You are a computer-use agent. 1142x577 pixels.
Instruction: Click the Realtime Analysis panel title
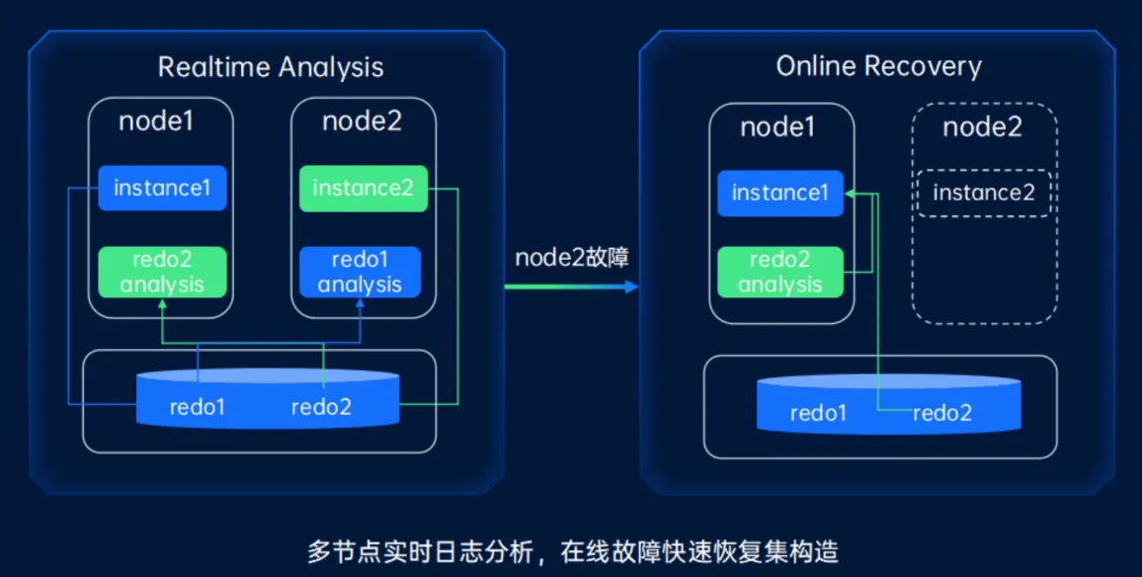pos(271,67)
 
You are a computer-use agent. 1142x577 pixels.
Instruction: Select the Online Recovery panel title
pos(878,66)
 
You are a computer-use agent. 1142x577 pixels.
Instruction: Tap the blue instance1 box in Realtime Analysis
pos(162,188)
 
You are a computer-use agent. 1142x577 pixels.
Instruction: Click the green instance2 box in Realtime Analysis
pos(363,188)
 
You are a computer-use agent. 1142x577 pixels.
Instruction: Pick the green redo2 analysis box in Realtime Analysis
pos(162,272)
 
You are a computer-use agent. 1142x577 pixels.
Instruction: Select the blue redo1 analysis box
pos(360,272)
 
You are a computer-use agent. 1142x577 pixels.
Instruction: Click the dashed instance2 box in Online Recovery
pos(983,193)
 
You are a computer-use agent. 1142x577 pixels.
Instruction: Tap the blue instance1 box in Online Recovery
pos(779,193)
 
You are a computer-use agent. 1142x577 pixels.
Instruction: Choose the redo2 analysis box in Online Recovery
pos(779,273)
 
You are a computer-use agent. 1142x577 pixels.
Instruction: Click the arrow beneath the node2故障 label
pos(571,287)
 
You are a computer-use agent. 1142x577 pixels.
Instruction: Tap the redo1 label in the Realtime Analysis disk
pos(197,406)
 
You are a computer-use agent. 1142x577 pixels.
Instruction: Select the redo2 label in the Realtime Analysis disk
pos(321,406)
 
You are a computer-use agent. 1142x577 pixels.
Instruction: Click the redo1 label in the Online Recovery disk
pos(818,412)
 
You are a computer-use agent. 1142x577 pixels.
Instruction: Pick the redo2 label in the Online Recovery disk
pos(941,412)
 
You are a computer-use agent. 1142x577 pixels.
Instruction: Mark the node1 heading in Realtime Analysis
pos(156,122)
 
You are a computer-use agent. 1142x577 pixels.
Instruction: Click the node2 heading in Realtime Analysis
pos(363,122)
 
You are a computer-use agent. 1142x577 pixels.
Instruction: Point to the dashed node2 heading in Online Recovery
pos(982,126)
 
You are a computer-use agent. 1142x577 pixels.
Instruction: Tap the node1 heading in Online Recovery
pos(778,126)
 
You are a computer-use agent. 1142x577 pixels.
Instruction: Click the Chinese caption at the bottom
pos(572,550)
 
